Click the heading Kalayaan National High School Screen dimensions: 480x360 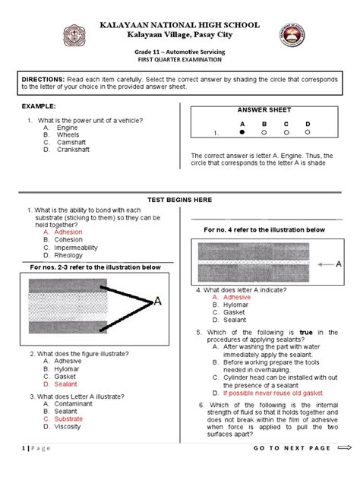point(180,25)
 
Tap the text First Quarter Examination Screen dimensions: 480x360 point(180,58)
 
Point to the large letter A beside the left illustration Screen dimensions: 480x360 point(158,301)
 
